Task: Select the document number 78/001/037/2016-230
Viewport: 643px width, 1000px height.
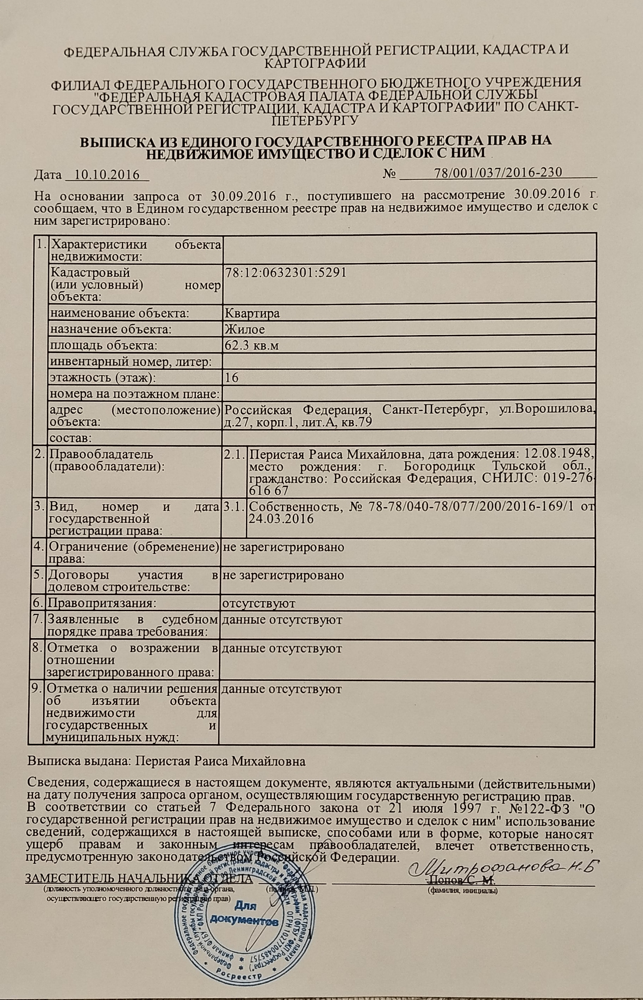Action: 497,173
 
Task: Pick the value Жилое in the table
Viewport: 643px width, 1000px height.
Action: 245,329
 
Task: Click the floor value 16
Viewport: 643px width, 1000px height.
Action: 231,378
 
